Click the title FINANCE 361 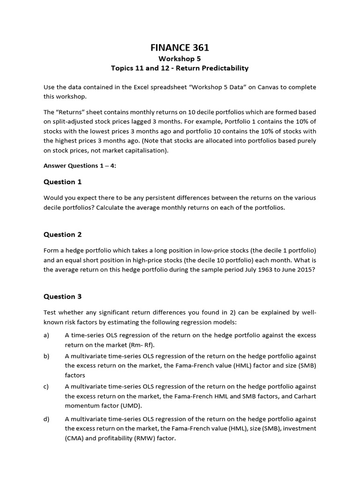coord(180,47)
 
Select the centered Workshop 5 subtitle coord(180,59)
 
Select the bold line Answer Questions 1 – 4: coord(80,165)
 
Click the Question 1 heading coord(62,182)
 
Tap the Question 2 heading coord(62,234)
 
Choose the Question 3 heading coord(62,296)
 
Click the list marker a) coord(46,335)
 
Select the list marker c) coord(46,386)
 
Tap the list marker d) coord(46,419)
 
